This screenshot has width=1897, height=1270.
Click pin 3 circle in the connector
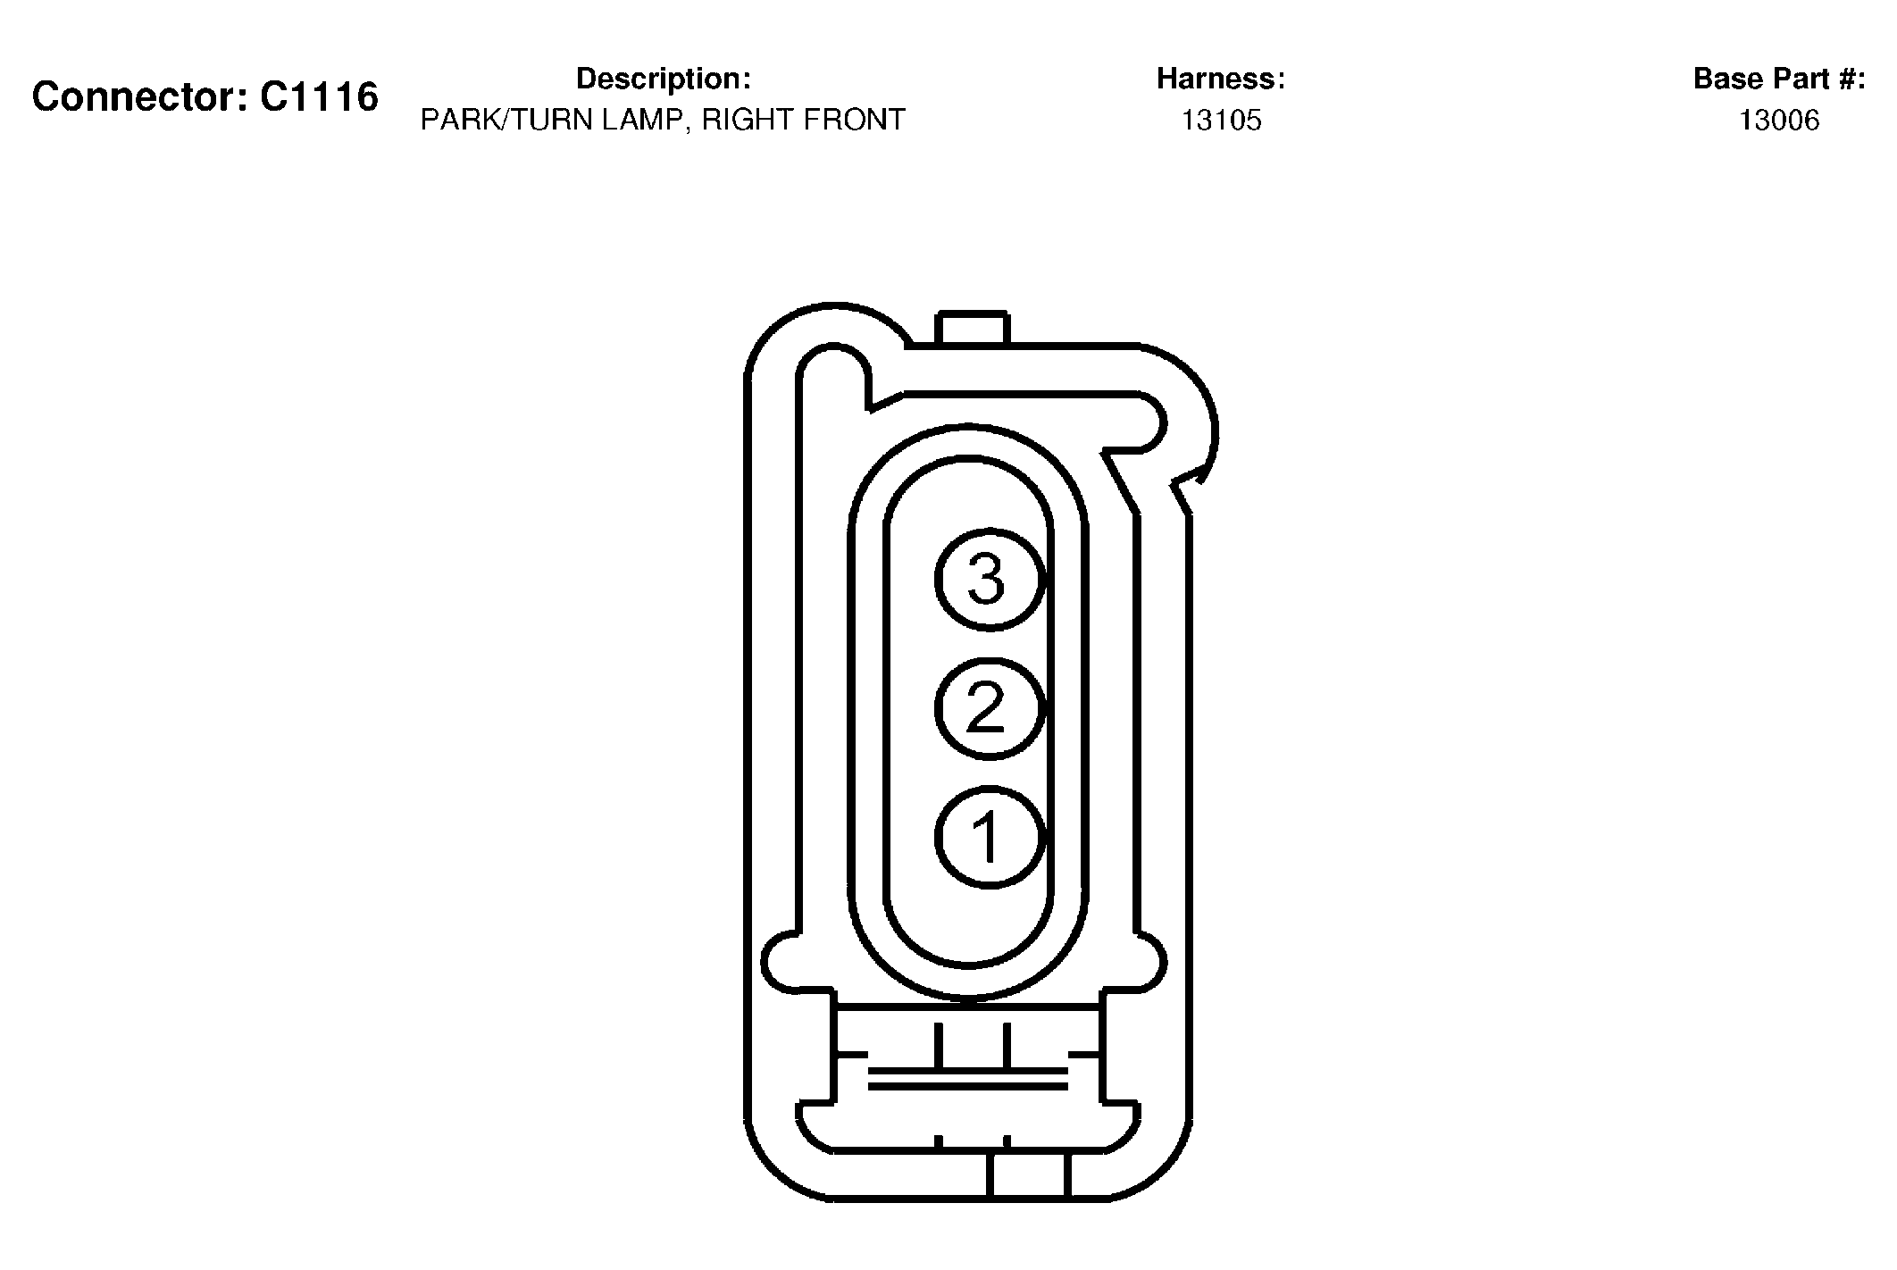click(990, 580)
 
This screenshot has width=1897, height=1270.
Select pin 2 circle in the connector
click(990, 709)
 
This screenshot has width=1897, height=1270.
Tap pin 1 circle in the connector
click(990, 838)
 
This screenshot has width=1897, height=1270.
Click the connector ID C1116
click(319, 96)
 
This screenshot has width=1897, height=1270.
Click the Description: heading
click(664, 79)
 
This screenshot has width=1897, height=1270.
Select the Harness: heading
click(1221, 79)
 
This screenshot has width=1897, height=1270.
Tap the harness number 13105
click(1222, 120)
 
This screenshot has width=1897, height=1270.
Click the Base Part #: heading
click(1779, 79)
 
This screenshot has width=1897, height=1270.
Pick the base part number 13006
click(1779, 120)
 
